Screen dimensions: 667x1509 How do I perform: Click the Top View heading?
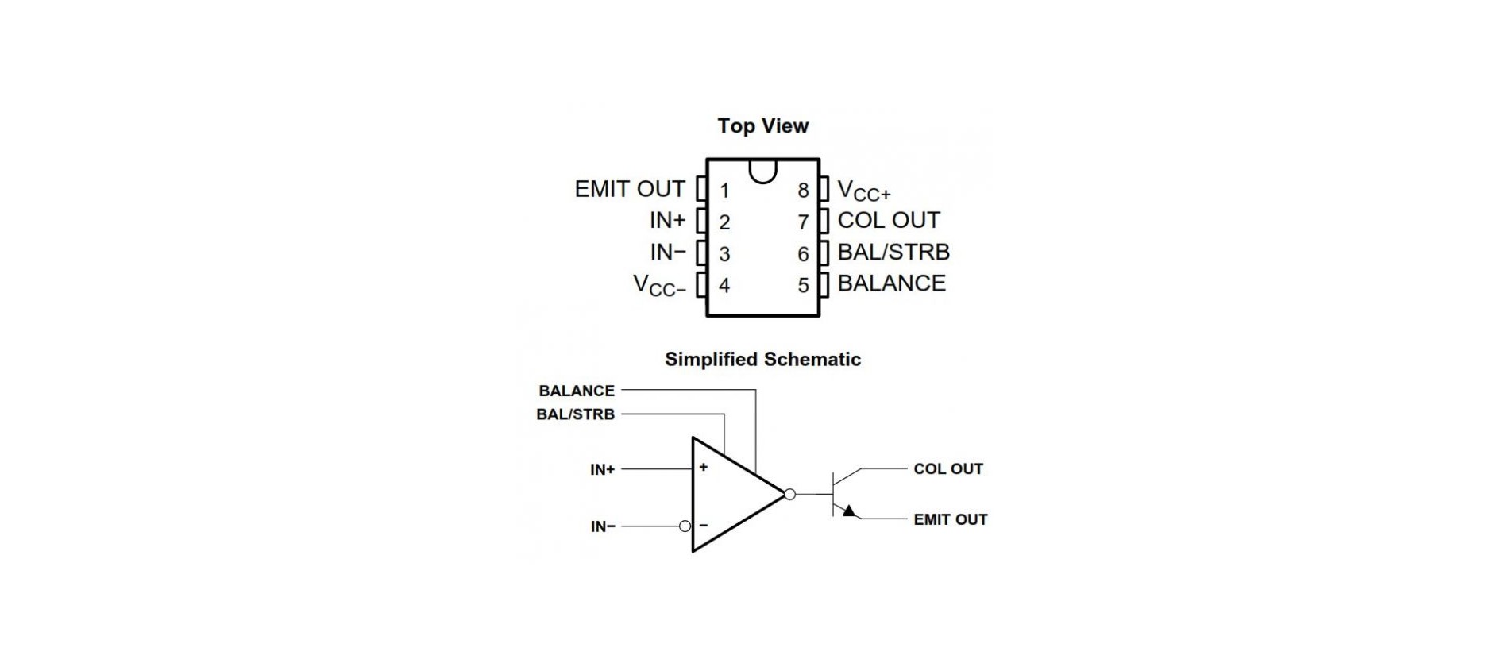(762, 126)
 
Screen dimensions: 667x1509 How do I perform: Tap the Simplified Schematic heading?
(762, 360)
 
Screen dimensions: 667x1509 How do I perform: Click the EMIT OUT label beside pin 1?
(629, 189)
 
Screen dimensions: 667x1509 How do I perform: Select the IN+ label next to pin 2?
(667, 220)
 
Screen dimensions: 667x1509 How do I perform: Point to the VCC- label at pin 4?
(658, 285)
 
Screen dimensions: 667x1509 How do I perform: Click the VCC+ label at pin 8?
(864, 191)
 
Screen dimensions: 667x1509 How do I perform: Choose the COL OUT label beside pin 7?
(889, 220)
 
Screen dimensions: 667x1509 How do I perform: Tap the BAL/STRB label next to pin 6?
(893, 252)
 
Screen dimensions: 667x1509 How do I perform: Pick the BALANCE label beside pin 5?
(892, 283)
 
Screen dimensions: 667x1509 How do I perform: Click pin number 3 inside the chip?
(724, 254)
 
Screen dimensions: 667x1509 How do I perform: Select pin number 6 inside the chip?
(803, 254)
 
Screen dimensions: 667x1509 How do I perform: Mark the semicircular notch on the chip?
(762, 170)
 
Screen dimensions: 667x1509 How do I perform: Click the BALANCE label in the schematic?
(577, 391)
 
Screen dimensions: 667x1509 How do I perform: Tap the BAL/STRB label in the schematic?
(575, 414)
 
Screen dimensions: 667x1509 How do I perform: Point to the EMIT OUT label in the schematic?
(950, 519)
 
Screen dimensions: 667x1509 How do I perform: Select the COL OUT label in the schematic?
(948, 469)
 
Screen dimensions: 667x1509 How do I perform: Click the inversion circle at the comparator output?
(789, 495)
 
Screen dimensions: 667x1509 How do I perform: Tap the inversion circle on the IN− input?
(685, 526)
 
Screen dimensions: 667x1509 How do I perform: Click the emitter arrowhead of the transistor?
(849, 511)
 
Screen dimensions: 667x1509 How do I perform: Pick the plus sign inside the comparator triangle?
(704, 468)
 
